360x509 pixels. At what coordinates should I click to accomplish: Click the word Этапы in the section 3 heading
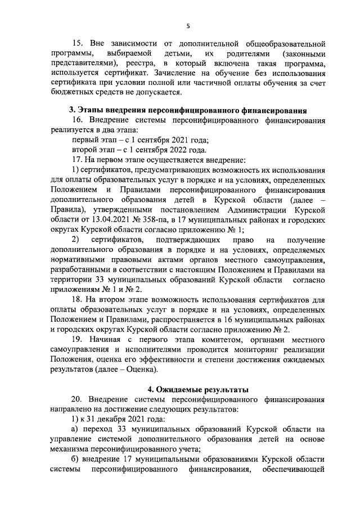pos(92,109)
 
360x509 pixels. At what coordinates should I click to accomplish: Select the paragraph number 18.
pos(78,300)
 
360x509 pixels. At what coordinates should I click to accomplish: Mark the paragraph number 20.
pos(78,400)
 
